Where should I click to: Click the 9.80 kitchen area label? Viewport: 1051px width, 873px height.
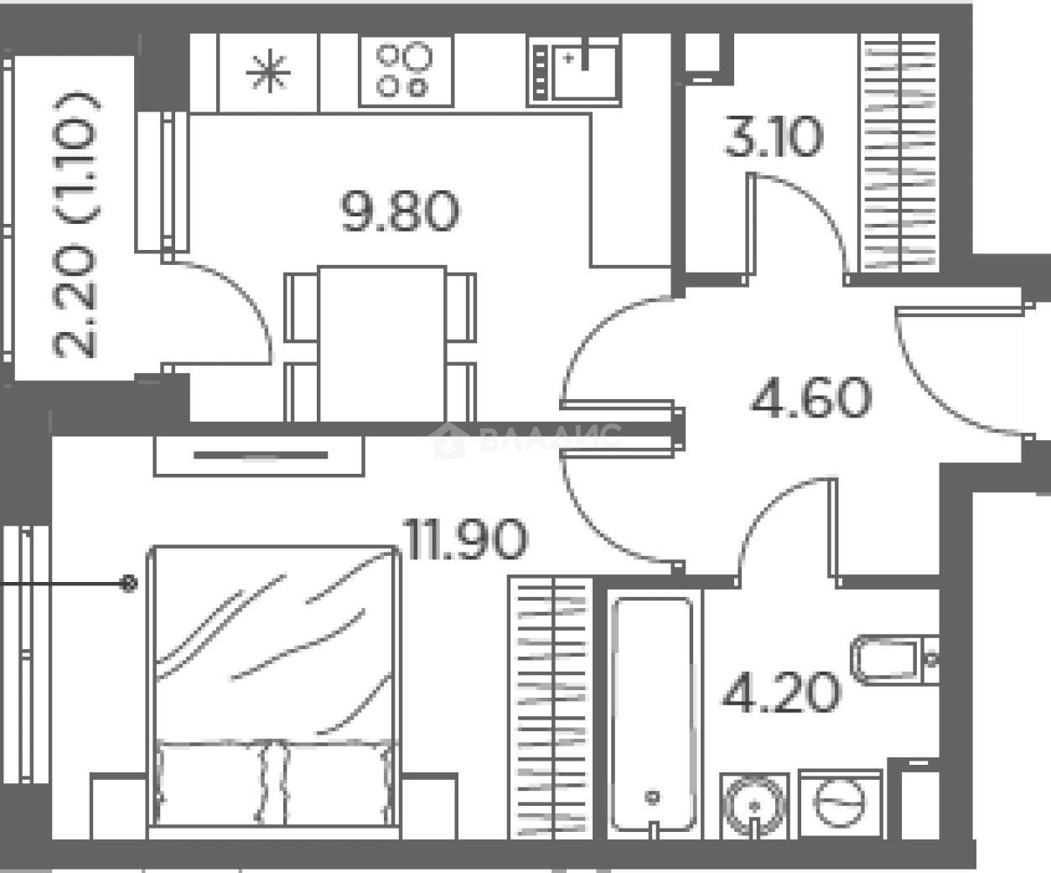pos(400,211)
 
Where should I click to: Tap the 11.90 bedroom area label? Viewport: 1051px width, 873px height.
pos(466,539)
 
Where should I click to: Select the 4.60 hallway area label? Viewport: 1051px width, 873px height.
pos(811,398)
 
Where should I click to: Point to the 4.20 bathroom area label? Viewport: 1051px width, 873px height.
pos(781,692)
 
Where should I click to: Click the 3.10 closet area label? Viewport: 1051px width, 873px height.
pos(774,136)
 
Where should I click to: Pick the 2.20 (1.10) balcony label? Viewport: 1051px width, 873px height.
pos(75,225)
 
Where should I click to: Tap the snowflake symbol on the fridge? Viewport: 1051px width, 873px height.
pos(269,71)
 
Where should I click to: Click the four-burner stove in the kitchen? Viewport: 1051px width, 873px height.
pos(406,70)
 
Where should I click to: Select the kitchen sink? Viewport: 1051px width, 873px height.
pos(574,70)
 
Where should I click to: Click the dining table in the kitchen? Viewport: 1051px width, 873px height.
pos(382,344)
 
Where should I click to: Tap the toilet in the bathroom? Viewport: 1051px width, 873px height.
pos(894,660)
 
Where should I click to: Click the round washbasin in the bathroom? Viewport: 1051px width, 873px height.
pos(754,806)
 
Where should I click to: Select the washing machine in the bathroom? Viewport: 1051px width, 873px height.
pos(840,804)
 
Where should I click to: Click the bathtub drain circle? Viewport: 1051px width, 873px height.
pos(652,797)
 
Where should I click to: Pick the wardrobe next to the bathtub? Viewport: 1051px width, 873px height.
pos(551,708)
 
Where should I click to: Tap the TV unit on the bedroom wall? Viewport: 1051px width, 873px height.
pos(259,456)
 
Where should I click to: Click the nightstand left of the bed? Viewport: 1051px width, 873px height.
pos(119,807)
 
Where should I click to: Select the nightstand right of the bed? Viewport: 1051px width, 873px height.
pos(429,807)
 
